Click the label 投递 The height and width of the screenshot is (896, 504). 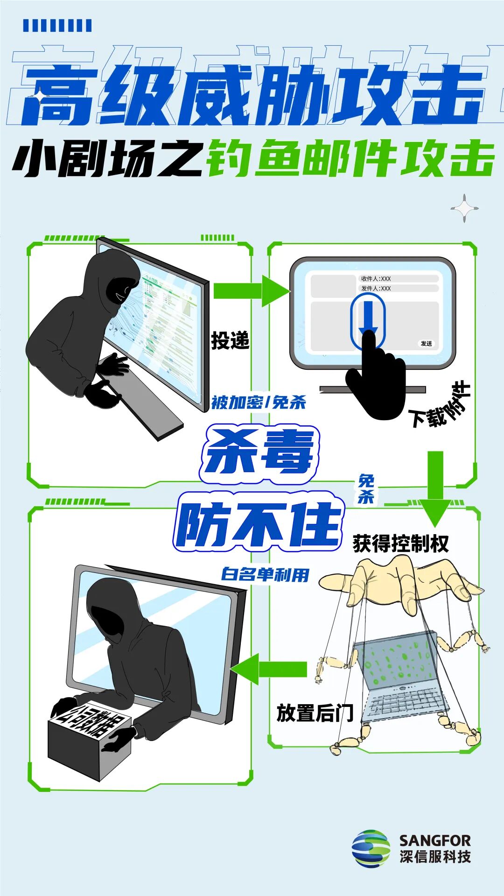230,340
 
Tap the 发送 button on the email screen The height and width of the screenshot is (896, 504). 426,344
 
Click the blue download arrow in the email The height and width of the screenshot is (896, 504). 368,317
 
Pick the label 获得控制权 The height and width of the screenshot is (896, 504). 400,543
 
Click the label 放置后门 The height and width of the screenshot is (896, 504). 315,713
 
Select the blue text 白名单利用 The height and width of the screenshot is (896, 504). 265,574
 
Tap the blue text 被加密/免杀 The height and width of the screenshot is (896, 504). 258,402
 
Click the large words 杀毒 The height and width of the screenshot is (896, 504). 259,453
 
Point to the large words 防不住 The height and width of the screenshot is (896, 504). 258,523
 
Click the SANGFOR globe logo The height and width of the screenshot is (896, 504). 371,848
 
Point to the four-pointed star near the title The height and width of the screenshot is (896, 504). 465,208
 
